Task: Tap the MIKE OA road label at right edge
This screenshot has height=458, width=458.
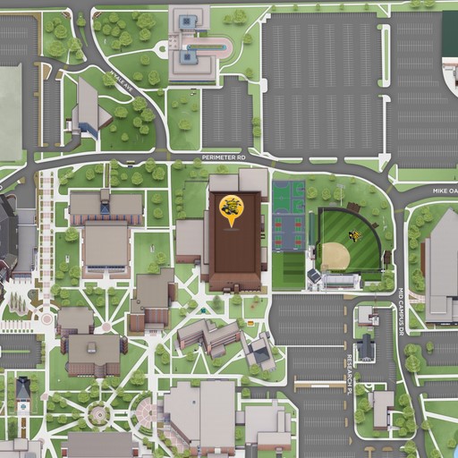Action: click(439, 191)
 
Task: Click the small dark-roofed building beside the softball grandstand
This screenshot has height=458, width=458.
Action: click(314, 276)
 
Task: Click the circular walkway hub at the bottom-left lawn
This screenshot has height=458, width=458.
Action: click(98, 415)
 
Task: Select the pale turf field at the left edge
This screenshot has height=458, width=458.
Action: click(9, 112)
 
